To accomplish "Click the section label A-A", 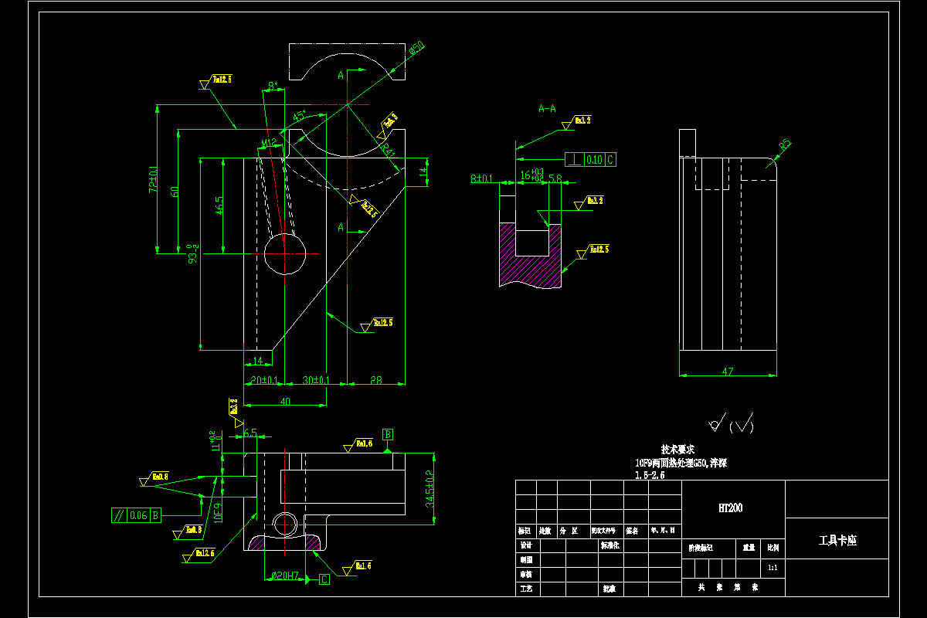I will click(x=547, y=109).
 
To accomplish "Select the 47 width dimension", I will click(x=727, y=372).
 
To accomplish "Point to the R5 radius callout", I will click(x=785, y=144).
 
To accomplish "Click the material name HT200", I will click(x=731, y=508).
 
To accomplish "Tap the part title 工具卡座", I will click(x=837, y=541).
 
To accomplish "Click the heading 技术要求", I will click(x=677, y=449).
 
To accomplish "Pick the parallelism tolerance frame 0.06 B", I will click(x=135, y=514).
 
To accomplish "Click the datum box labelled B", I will click(x=388, y=434).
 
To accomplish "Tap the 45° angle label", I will click(x=299, y=117).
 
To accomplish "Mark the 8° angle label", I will click(x=272, y=86).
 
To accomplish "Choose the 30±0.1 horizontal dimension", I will click(x=315, y=380).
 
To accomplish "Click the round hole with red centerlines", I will click(x=285, y=253).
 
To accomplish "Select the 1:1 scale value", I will click(x=772, y=567).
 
